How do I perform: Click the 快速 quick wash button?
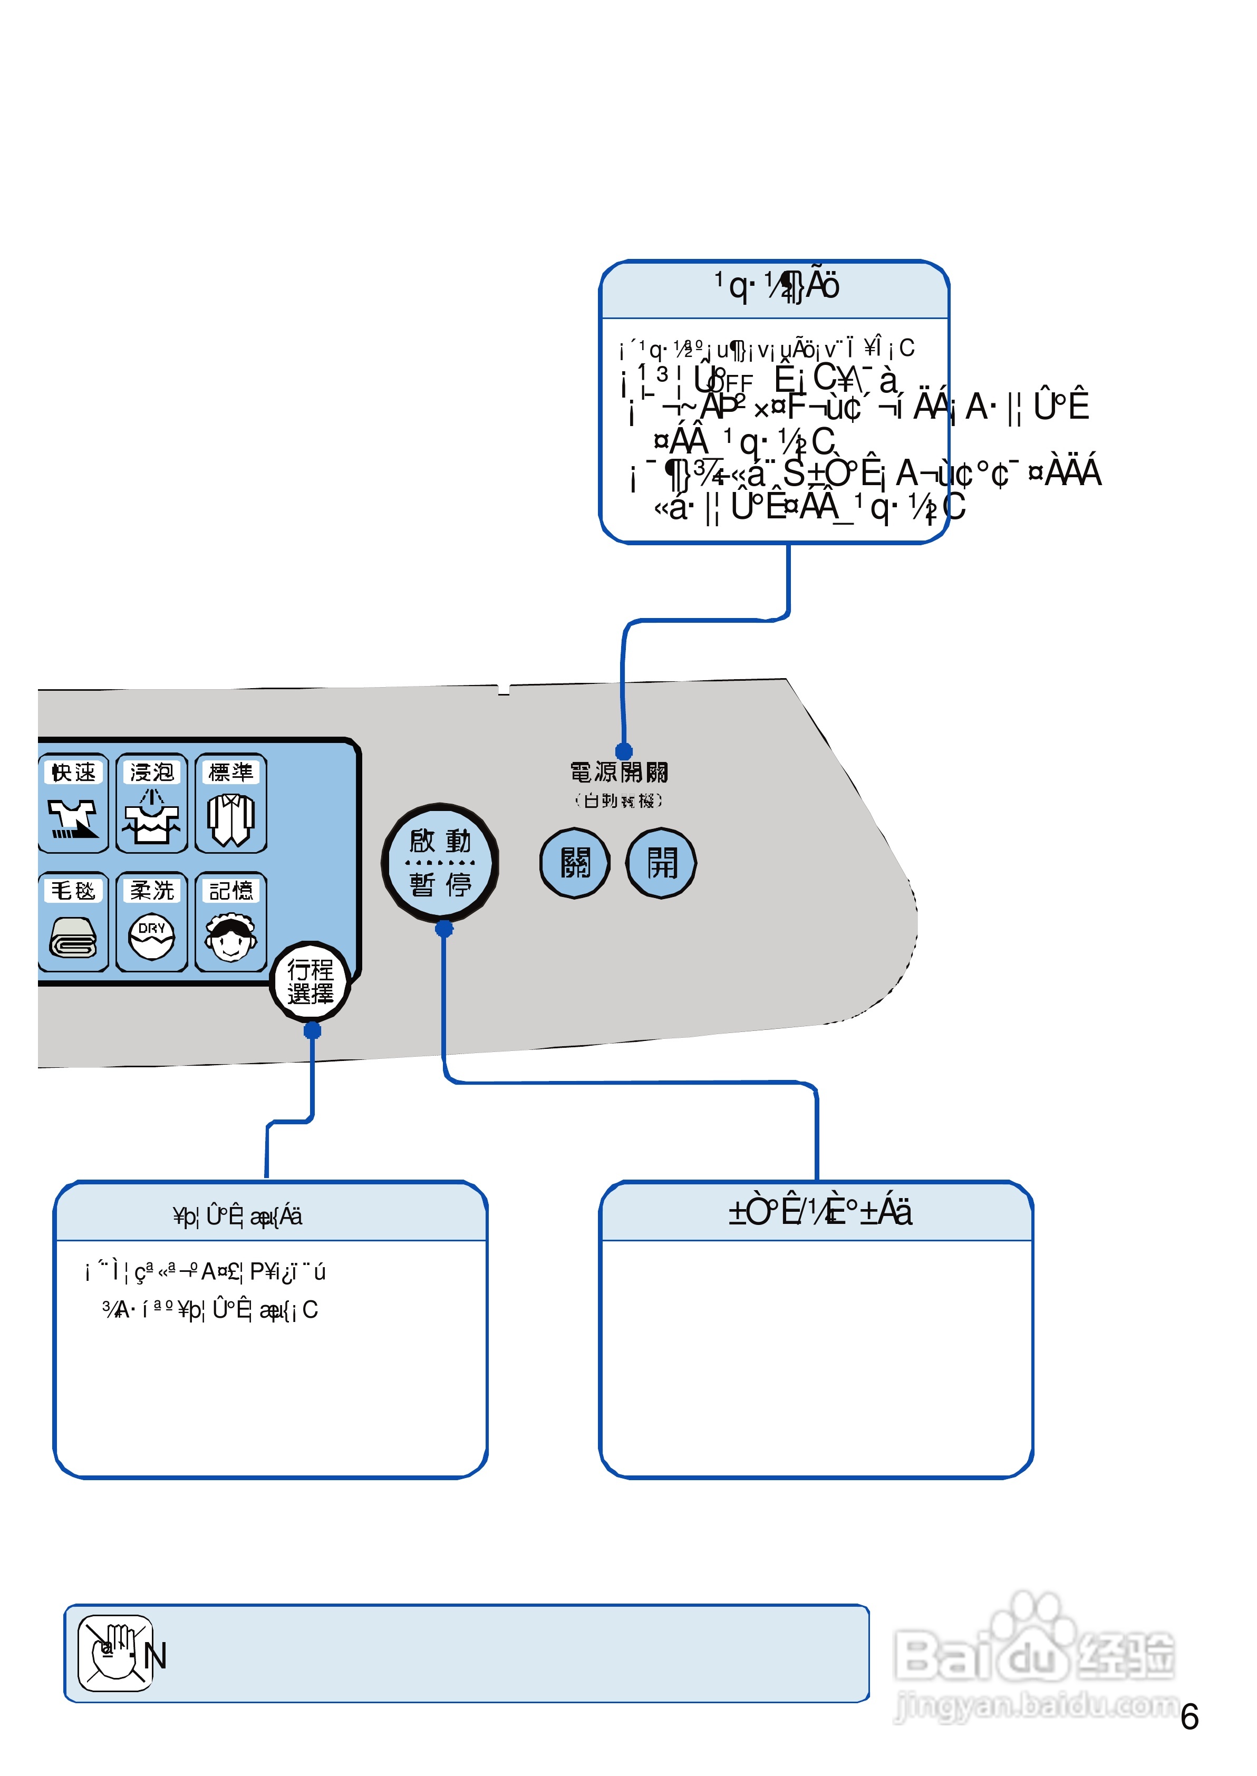(x=73, y=803)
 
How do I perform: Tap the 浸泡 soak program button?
(x=152, y=803)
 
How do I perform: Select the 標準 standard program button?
(x=230, y=803)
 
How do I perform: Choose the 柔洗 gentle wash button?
(x=152, y=922)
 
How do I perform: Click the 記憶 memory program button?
(x=230, y=922)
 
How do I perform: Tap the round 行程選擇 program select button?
(x=311, y=982)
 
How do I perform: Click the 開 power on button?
(x=661, y=863)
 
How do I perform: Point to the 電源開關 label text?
(x=619, y=773)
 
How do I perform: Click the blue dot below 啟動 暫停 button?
(x=443, y=929)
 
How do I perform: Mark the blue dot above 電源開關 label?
(x=624, y=751)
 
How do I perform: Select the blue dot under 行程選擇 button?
(x=312, y=1030)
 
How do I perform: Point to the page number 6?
(x=1190, y=1717)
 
